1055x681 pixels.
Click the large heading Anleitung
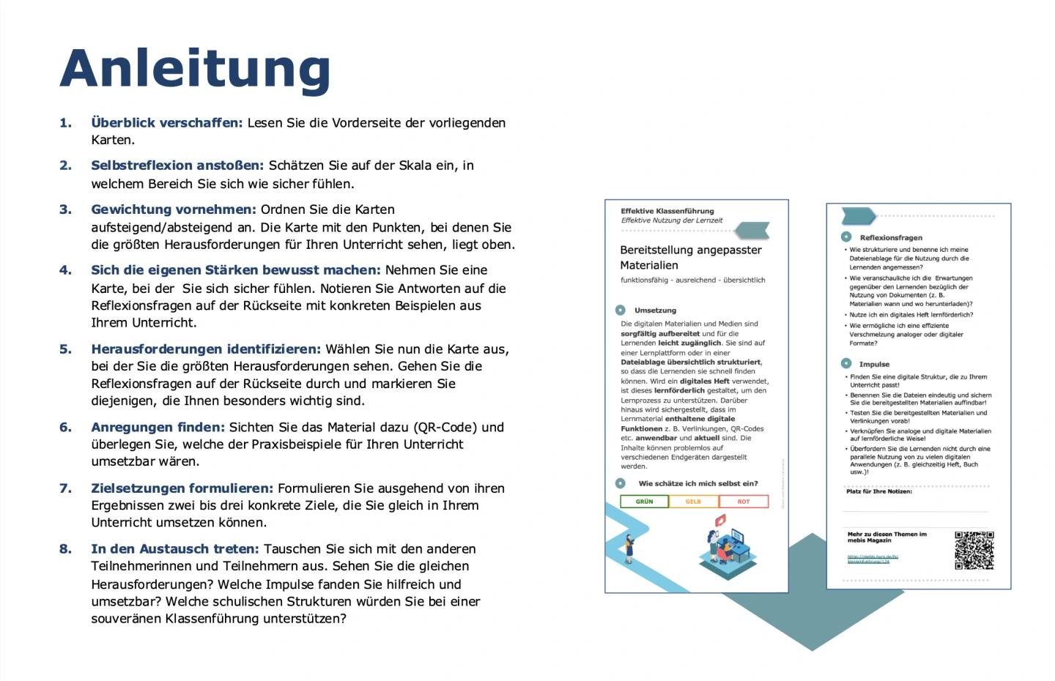click(195, 69)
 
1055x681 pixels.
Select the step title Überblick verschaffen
click(166, 123)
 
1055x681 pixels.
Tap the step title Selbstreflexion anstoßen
click(177, 165)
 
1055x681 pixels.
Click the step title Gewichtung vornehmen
click(173, 209)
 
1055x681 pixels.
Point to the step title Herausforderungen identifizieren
click(206, 349)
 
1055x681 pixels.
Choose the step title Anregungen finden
click(158, 428)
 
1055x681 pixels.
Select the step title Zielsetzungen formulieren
click(182, 488)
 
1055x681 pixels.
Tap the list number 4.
click(65, 270)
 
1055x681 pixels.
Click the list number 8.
click(65, 549)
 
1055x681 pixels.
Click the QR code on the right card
click(974, 551)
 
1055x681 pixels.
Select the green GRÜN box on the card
click(644, 502)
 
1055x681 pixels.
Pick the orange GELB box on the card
click(693, 502)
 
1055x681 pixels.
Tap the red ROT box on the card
click(744, 502)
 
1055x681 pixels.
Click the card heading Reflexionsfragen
click(891, 238)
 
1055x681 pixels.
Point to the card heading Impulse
click(874, 364)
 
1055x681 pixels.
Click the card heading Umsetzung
click(655, 310)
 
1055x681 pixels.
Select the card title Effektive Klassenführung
click(667, 211)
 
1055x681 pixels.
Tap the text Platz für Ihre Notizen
click(879, 491)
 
